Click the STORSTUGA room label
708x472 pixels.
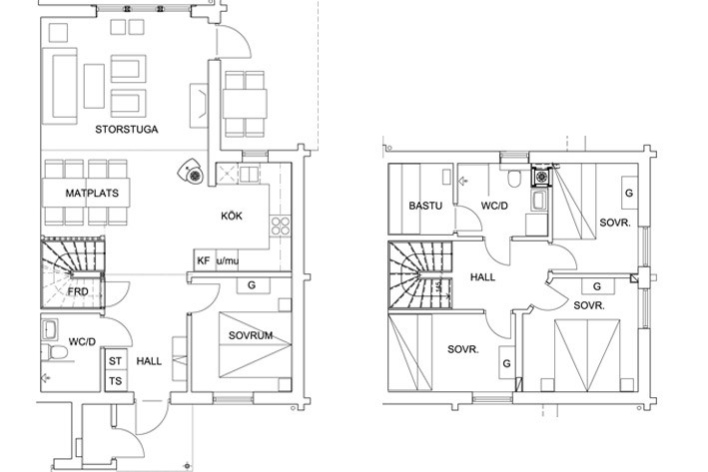[x=127, y=130]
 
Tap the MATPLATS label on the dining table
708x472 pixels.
[x=92, y=194]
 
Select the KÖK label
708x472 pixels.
[x=232, y=216]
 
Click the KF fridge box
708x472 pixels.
[x=205, y=260]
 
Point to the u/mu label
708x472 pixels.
[x=228, y=260]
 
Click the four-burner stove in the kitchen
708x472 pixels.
[x=280, y=226]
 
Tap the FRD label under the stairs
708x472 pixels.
[x=78, y=291]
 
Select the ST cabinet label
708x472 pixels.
[x=115, y=361]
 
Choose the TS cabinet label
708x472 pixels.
[x=115, y=381]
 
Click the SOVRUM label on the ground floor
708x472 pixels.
[x=251, y=335]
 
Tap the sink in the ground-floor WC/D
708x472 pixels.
[x=49, y=330]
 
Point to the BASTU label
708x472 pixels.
[x=425, y=206]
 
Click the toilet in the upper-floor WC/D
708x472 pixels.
[x=514, y=178]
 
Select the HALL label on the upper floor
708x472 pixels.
[x=482, y=277]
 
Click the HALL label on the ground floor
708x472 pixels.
[x=149, y=361]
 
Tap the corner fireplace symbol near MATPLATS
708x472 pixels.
[x=191, y=173]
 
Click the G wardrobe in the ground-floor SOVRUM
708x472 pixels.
[x=253, y=285]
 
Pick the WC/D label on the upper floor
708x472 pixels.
[x=494, y=206]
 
